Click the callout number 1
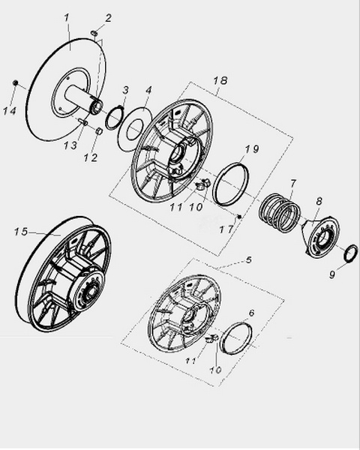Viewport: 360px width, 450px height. tap(67, 18)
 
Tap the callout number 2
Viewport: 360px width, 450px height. tap(108, 18)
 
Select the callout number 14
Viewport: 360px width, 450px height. tap(10, 111)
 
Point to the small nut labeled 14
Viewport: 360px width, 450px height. tap(16, 83)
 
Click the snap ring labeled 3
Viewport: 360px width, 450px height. tap(115, 118)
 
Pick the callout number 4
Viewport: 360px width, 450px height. tap(148, 90)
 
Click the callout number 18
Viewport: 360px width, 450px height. tap(220, 81)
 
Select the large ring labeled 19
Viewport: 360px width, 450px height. tap(232, 184)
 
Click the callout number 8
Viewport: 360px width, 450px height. tap(319, 201)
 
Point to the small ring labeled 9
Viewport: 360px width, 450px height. tap(351, 253)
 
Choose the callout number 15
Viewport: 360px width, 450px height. tap(21, 231)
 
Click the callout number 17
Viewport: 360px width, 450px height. tap(226, 229)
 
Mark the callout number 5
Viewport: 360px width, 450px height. tap(248, 259)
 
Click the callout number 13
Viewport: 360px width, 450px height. tap(70, 145)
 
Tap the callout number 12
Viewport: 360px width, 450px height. tap(91, 157)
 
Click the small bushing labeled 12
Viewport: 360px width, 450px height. tap(99, 131)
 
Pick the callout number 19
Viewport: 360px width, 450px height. tap(252, 149)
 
